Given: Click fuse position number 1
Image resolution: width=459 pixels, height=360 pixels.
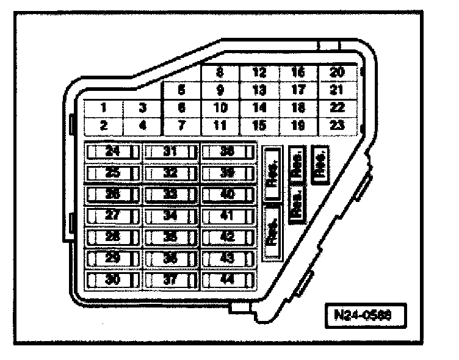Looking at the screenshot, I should point(104,108).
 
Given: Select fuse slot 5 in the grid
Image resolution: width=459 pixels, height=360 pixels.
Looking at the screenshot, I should point(181,90).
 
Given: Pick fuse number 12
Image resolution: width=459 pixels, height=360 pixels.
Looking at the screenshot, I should point(259,73).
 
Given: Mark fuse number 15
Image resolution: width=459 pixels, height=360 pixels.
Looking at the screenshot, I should point(259,126).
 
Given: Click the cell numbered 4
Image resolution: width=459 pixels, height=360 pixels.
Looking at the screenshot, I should point(142,126).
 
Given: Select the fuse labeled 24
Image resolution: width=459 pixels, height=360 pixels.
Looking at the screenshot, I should point(112,151).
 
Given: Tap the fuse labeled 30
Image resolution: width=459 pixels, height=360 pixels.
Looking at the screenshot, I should point(112,279).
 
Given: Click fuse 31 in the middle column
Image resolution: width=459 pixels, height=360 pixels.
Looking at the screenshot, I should point(170,151).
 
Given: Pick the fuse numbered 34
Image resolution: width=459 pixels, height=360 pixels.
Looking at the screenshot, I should point(170,215).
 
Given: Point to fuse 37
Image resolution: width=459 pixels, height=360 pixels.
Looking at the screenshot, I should point(170,279).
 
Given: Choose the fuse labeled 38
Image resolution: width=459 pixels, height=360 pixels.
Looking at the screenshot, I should point(227,151).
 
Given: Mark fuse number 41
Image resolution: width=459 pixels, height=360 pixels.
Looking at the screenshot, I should point(227,215).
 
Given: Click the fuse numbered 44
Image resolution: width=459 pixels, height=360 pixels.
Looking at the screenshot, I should point(227,279).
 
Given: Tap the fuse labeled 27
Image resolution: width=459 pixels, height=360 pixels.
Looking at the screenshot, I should point(112,215).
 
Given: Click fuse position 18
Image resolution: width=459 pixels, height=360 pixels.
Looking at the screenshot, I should point(298,108).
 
